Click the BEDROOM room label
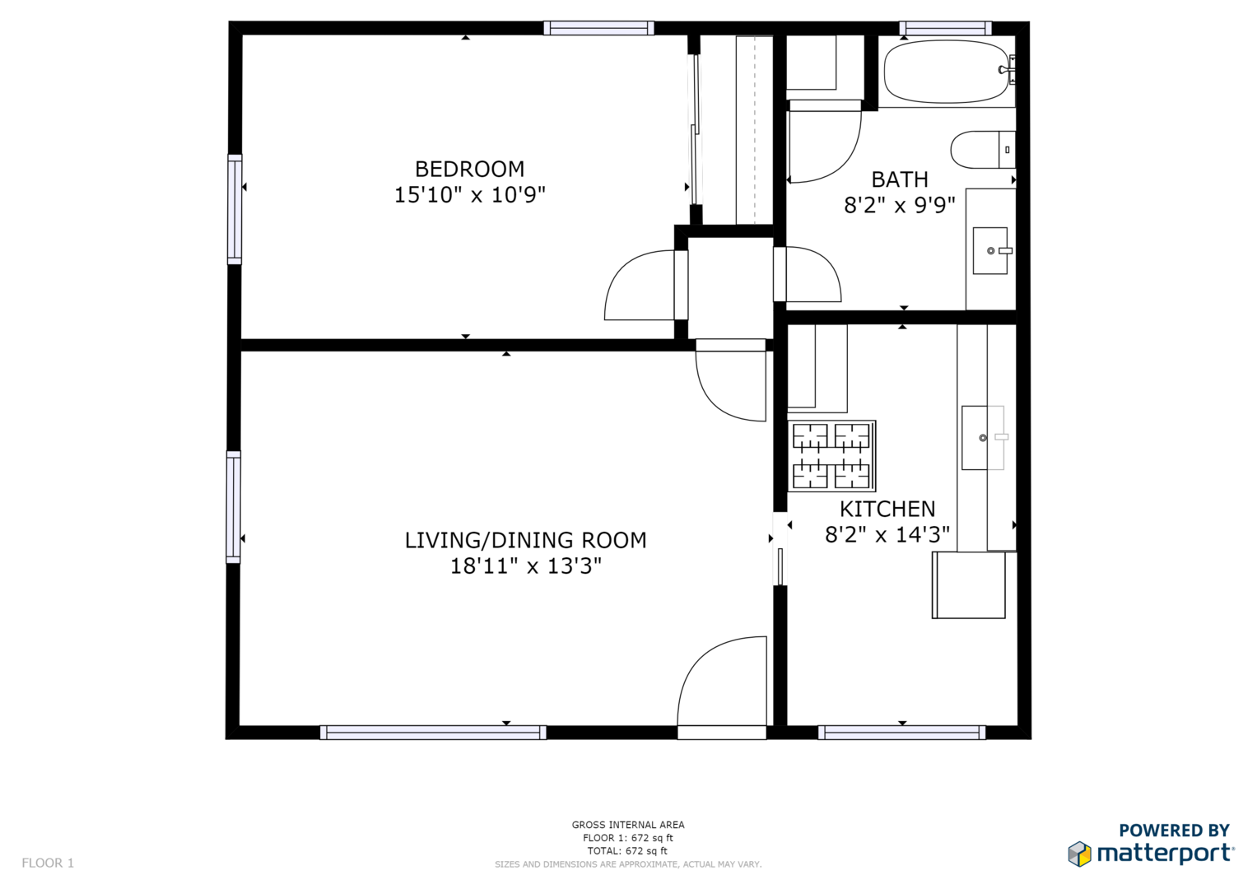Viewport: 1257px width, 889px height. click(x=470, y=169)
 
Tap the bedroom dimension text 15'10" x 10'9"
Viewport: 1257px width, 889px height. click(x=470, y=195)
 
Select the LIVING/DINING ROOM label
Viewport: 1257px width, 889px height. click(x=526, y=540)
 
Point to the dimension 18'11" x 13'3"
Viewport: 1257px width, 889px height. click(x=526, y=566)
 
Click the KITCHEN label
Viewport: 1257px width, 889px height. click(x=887, y=509)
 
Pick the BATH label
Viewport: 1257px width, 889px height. click(x=900, y=179)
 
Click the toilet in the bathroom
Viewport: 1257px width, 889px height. click(x=983, y=150)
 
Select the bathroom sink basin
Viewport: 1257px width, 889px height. click(x=990, y=251)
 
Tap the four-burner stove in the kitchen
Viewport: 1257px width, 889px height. click(x=831, y=456)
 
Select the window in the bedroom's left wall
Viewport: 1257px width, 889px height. click(x=235, y=209)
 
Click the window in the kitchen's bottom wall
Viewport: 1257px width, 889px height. click(x=901, y=733)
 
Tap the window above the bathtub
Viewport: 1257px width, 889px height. click(x=946, y=28)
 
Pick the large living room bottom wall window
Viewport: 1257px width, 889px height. click(x=433, y=733)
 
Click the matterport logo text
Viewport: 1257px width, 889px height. click(x=1166, y=854)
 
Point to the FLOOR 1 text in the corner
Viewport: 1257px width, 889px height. click(x=48, y=863)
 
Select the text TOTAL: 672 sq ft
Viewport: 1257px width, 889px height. click(x=627, y=851)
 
